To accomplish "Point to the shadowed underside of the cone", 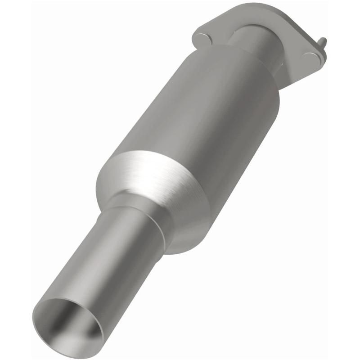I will tap(189, 234).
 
